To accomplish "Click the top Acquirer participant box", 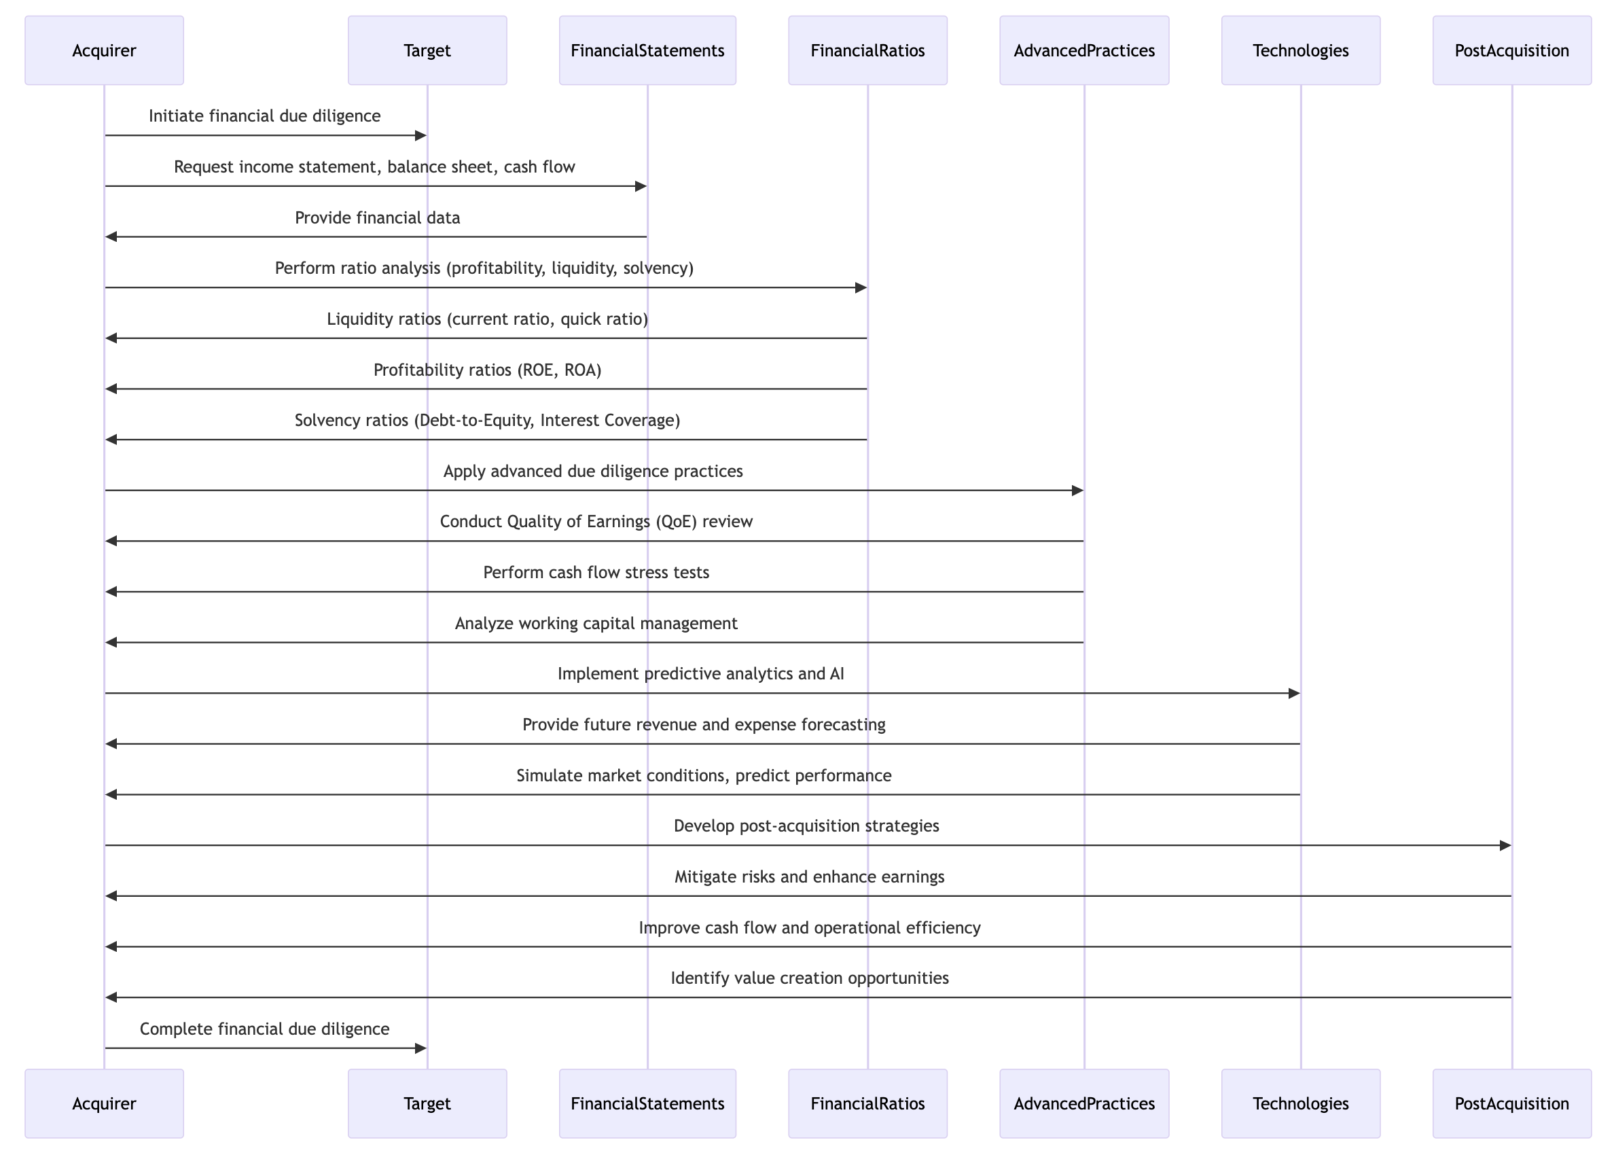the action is [104, 50].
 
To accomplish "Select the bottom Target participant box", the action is [427, 1103].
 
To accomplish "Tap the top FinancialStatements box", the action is [647, 50].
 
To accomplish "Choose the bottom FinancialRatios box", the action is [867, 1103].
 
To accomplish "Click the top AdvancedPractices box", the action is [1084, 50].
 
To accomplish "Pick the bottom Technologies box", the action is [1300, 1103].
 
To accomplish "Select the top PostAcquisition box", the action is [1511, 50].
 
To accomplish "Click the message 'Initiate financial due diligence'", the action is [264, 116].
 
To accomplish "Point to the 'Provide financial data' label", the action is [378, 217].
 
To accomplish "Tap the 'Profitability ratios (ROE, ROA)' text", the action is [488, 370].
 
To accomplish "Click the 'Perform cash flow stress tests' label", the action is [596, 573].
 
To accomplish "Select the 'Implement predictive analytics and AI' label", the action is [701, 674].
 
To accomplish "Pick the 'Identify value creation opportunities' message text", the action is [810, 978].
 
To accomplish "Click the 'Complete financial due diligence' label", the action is [264, 1029].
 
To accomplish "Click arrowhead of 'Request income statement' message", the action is [641, 186].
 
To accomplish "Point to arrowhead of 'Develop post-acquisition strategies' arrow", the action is [1505, 846].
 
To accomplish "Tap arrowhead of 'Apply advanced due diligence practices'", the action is [1077, 491].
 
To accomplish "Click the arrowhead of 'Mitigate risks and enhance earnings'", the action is [111, 896].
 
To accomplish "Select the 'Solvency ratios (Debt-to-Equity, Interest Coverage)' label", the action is [488, 421].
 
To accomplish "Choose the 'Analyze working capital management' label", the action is [596, 624].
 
